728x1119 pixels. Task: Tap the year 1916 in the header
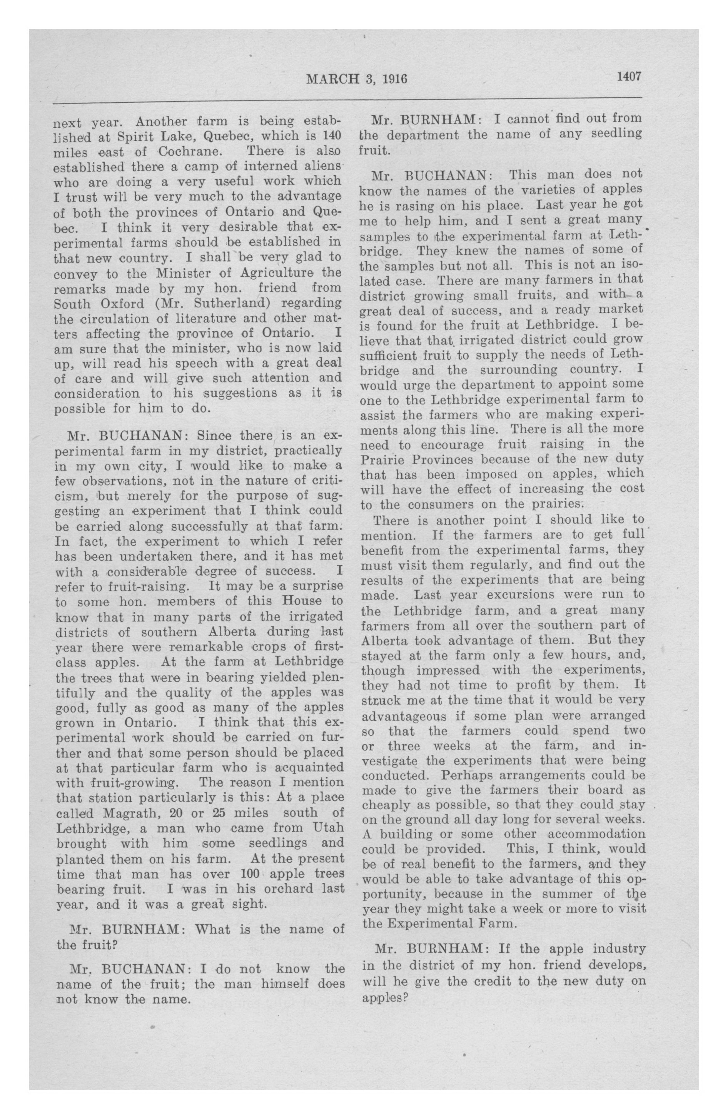[394, 79]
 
